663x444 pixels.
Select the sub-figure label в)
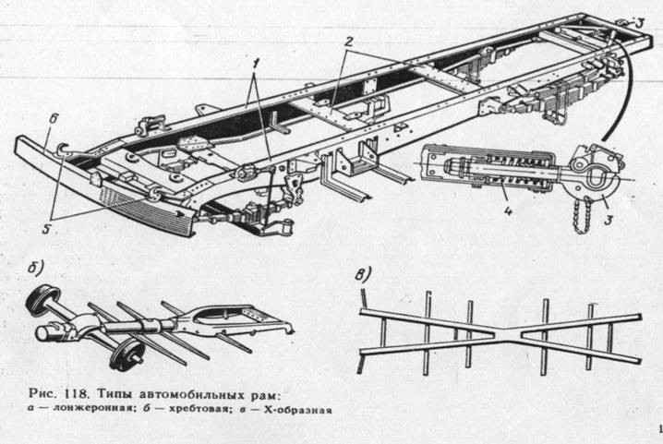365,274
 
